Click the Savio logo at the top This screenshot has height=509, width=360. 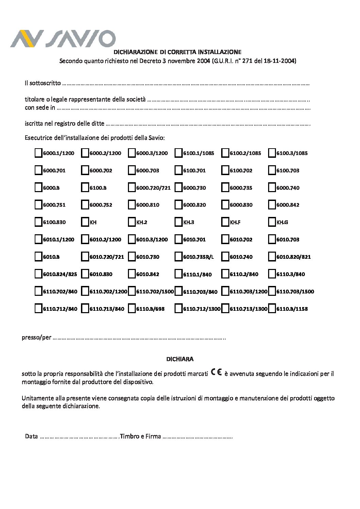point(63,38)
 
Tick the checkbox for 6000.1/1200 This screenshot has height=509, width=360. point(38,153)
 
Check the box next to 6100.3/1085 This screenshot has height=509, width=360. point(272,153)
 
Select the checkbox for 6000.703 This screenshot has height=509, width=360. point(132,170)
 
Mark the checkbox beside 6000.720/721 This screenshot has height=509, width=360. point(132,188)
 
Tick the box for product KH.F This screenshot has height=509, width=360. point(225,222)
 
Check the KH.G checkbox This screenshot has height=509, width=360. point(272,222)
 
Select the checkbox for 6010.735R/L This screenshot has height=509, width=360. point(178,257)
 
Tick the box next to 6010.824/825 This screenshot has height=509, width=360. point(38,274)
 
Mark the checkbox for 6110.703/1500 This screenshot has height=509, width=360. point(272,291)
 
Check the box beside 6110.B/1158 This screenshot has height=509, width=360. point(272,309)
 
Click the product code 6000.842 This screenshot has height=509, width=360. point(288,205)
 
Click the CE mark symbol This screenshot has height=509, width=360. point(216,372)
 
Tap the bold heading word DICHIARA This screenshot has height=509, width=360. point(180,359)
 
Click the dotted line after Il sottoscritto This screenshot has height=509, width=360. point(185,83)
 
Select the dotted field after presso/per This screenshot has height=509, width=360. point(140,338)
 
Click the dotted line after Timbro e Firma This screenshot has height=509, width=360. point(197,437)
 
